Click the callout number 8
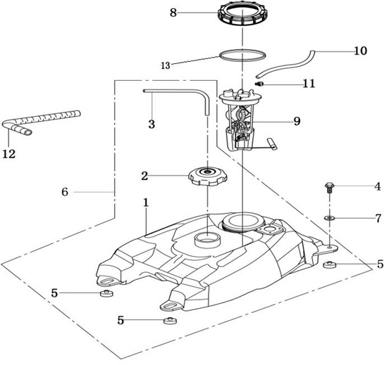173,13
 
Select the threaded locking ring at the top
242,13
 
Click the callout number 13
166,65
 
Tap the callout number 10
361,51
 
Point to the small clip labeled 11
259,84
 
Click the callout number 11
309,84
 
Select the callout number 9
297,121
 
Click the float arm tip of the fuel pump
273,143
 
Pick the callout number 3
151,124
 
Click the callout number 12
9,154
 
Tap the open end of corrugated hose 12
27,132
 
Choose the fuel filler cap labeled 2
208,176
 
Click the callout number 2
144,176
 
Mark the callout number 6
65,192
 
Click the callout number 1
146,203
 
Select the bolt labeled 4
329,188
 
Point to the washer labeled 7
330,217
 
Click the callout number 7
378,218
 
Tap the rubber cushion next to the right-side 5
329,264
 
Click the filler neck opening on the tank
207,240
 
